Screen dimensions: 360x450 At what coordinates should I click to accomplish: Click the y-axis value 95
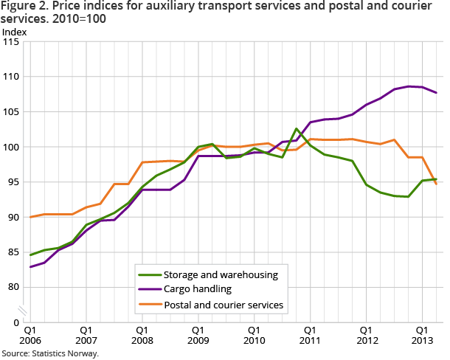[13, 182]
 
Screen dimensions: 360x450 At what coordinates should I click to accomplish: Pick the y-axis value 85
[13, 252]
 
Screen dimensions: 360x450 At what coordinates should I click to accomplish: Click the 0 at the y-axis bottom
[16, 322]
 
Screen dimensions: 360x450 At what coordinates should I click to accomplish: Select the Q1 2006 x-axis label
[31, 336]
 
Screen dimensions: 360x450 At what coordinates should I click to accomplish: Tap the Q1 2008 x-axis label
[142, 336]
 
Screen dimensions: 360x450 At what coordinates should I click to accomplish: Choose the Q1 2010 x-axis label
[254, 336]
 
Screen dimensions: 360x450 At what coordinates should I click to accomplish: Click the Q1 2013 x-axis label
[421, 336]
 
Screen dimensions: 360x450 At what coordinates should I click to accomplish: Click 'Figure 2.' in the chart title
[23, 7]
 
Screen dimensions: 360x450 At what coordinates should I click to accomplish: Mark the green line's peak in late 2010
[296, 129]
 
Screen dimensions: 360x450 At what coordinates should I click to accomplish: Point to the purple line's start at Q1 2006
[30, 266]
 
